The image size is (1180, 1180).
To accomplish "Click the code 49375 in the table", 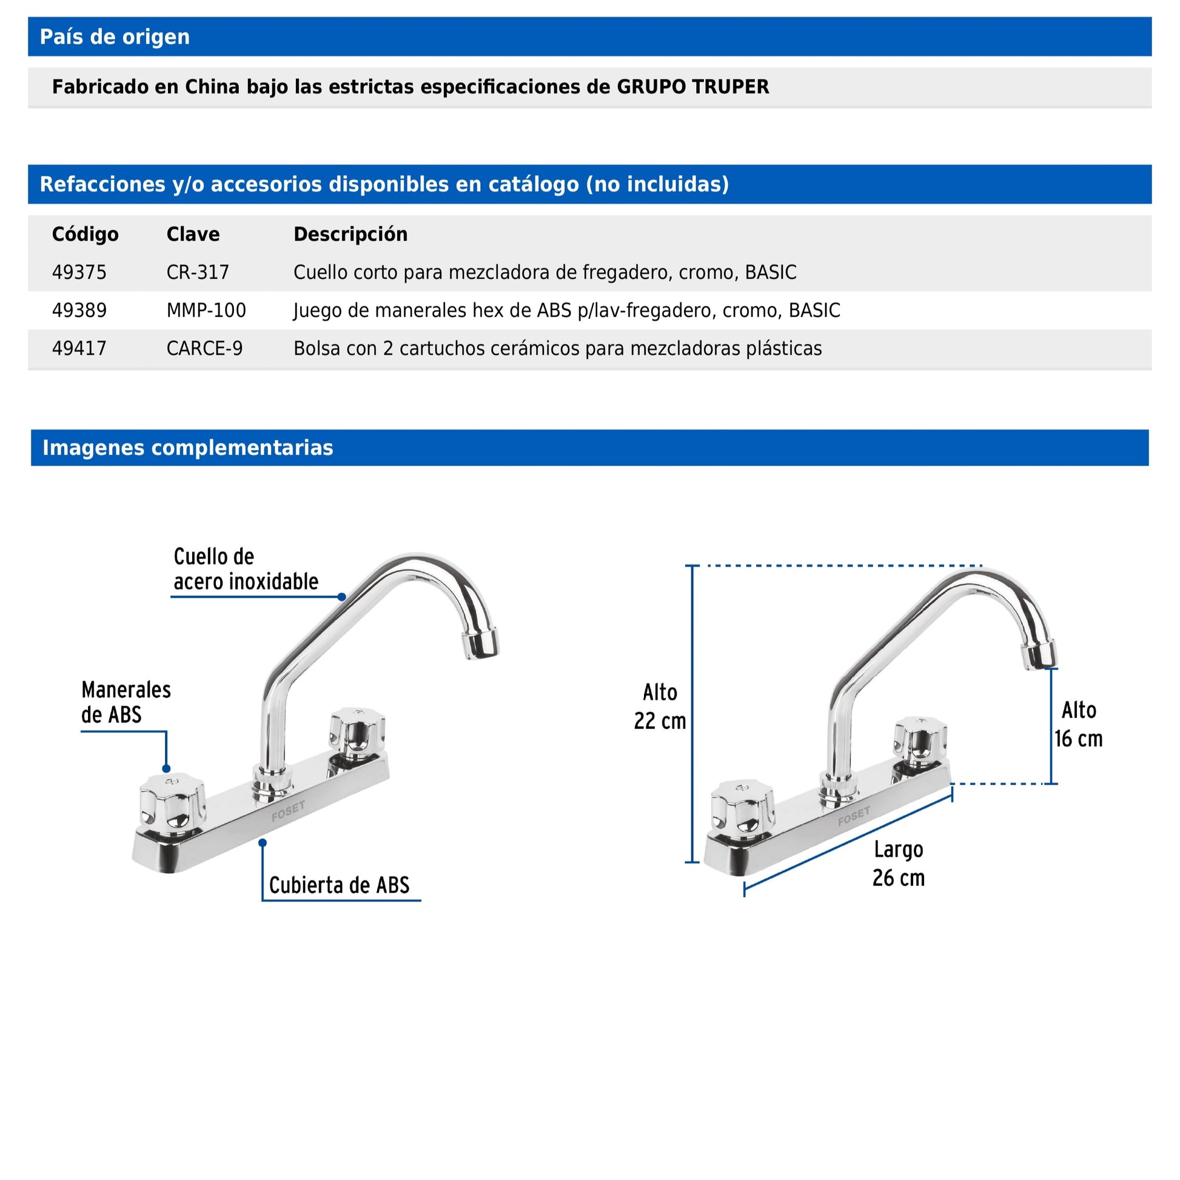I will (79, 272).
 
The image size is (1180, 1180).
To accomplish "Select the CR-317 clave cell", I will (197, 272).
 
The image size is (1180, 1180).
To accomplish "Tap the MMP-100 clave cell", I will (206, 310).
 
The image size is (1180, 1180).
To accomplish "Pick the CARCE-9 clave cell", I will (204, 349).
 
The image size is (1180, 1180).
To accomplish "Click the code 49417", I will (79, 349).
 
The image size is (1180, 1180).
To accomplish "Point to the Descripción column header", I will (350, 235).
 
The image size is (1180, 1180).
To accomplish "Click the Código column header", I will (85, 235).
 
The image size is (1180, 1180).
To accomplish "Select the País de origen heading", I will (114, 37).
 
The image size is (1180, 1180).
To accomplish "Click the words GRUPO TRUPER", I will (692, 87).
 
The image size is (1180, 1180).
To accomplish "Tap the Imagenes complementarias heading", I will (187, 448).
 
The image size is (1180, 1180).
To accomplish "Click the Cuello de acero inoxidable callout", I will (246, 569).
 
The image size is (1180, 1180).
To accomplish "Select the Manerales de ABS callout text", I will (126, 702).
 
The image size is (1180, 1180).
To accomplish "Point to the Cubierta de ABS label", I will (339, 885).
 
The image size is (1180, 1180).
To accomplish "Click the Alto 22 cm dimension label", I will (660, 707).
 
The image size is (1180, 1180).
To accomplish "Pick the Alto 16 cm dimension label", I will (1079, 725).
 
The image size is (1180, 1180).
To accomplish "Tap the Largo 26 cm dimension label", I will (899, 863).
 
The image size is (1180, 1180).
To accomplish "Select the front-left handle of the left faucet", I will (172, 803).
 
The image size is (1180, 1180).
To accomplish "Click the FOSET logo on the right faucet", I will (853, 816).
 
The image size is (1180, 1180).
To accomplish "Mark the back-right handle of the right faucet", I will (920, 740).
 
